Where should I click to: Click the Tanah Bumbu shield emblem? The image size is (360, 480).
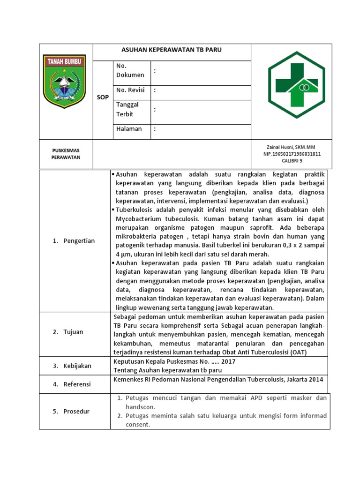click(64, 81)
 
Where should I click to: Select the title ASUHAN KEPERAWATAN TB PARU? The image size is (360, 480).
click(172, 50)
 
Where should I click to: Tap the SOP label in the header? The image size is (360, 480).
click(103, 97)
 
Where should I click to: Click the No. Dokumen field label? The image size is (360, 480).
click(130, 70)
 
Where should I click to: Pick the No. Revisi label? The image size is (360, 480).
click(130, 90)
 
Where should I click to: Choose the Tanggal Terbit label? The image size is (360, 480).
click(127, 109)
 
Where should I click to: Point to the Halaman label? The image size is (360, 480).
click(129, 129)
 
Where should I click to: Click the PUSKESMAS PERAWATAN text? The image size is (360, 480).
click(66, 154)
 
